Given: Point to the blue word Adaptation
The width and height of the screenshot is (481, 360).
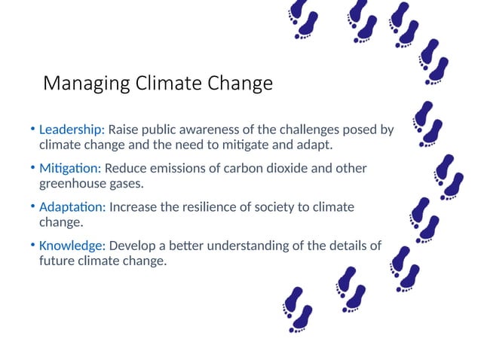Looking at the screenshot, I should pyautogui.click(x=72, y=206).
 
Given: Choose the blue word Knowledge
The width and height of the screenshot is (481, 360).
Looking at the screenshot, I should pyautogui.click(x=71, y=246).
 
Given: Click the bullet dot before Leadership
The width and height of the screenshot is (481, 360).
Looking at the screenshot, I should pyautogui.click(x=32, y=130).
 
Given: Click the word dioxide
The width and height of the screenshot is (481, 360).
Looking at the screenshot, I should pyautogui.click(x=295, y=168).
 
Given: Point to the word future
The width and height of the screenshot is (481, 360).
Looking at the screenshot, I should pyautogui.click(x=57, y=261).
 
